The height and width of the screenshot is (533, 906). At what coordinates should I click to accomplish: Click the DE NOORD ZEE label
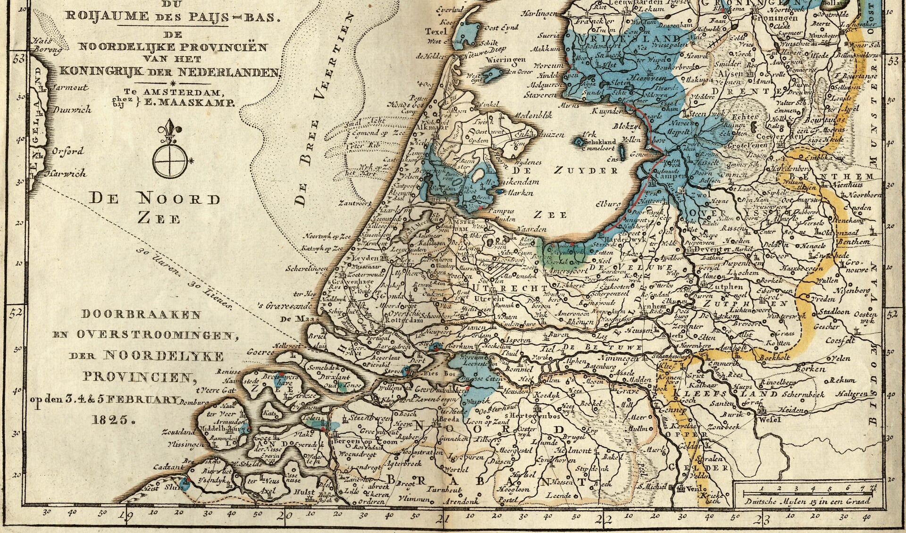click(x=155, y=208)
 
